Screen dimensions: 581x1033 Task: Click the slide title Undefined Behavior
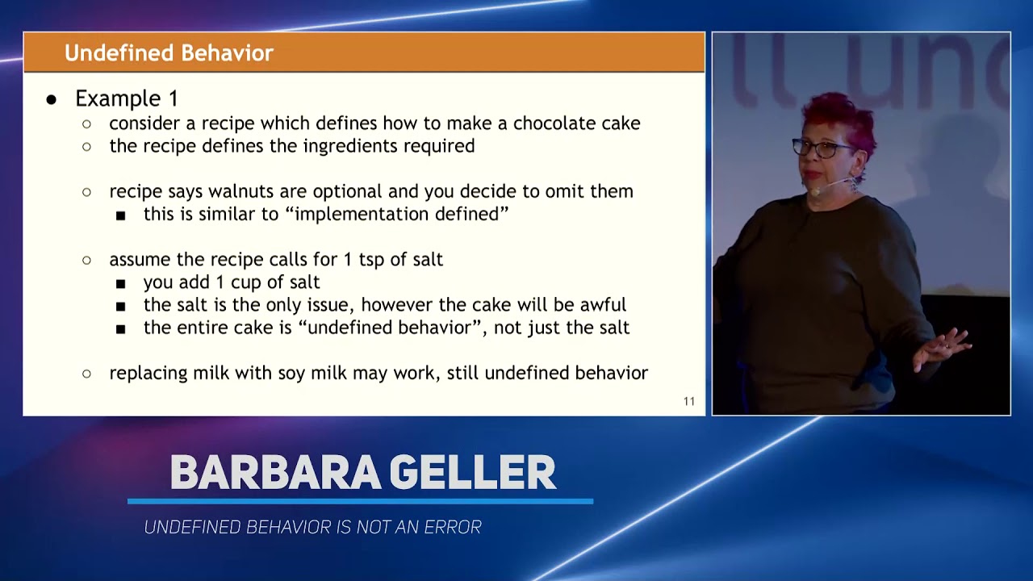coord(169,53)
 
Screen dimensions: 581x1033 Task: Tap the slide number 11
coord(688,401)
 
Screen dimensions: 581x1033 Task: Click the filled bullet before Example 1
coord(52,99)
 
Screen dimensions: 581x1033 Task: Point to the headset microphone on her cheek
coord(817,191)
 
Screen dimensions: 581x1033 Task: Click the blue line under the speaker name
coord(360,501)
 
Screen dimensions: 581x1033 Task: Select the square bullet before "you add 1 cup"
coord(120,283)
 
